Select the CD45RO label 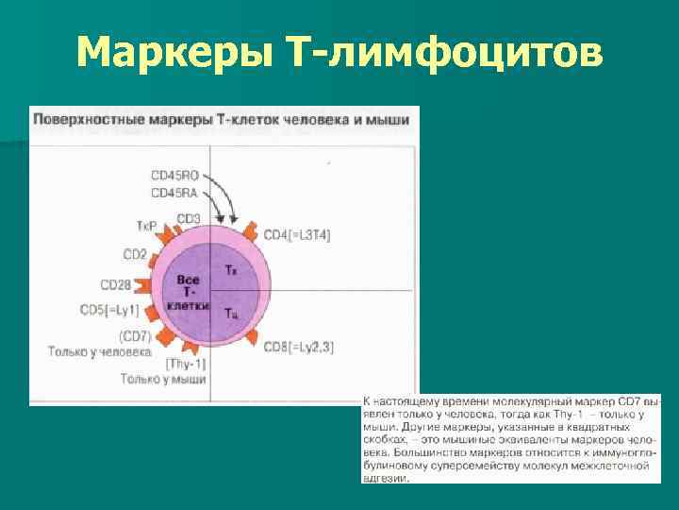(x=174, y=176)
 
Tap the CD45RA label (x=174, y=193)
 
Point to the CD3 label (x=189, y=219)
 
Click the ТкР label (x=147, y=227)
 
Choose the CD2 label (x=135, y=254)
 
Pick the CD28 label (x=116, y=284)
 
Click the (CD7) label (x=135, y=336)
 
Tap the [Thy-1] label (x=185, y=364)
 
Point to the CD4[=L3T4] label (x=296, y=233)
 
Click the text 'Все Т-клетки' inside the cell (x=189, y=294)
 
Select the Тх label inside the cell (x=231, y=271)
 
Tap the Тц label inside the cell (x=231, y=312)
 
